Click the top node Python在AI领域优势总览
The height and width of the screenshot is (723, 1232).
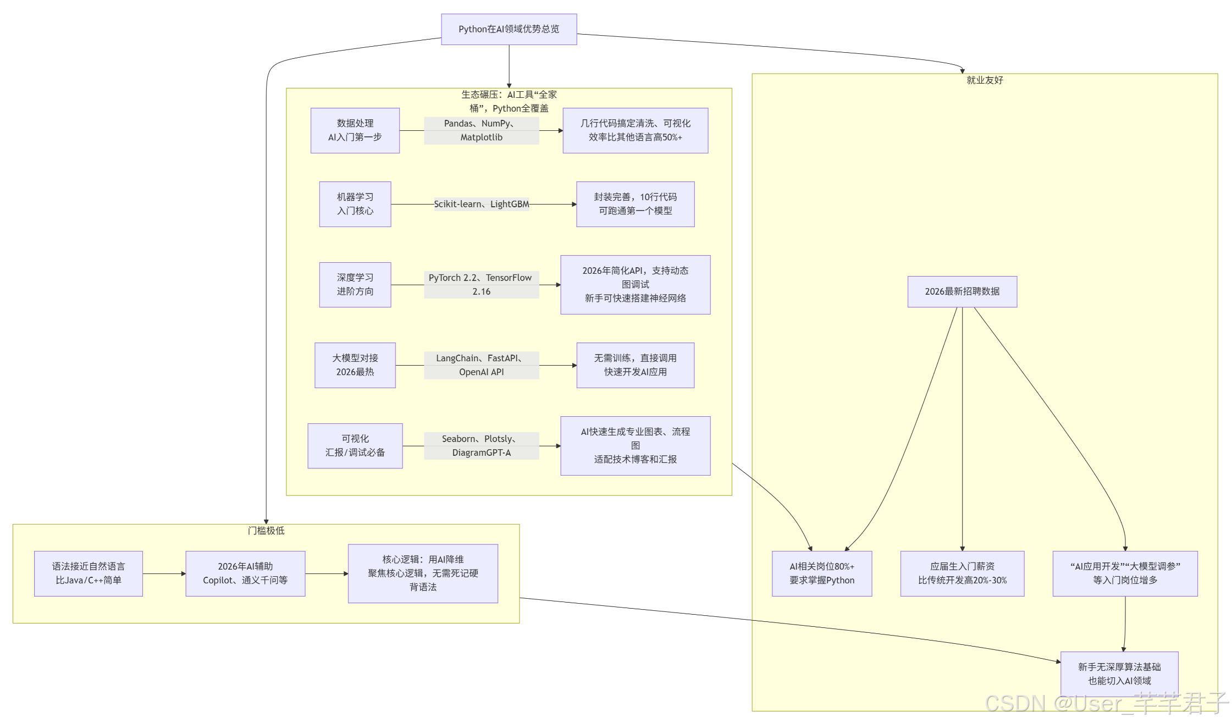tap(509, 29)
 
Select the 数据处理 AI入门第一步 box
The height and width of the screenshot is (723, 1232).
tap(355, 130)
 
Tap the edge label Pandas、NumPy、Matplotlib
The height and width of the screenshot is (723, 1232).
tap(481, 130)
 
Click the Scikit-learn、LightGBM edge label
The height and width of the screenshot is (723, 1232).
tap(481, 204)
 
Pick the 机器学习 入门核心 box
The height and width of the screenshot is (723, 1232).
tap(355, 204)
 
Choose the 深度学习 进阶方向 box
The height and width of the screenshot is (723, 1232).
tap(355, 285)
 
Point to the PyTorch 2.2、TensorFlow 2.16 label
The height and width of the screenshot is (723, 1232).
tap(481, 285)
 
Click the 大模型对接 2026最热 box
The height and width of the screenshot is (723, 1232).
tap(355, 365)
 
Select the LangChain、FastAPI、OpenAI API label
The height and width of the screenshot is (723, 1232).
tap(481, 365)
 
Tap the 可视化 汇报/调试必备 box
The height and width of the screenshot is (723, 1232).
tap(355, 446)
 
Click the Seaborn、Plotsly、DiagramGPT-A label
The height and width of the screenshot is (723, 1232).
tap(481, 446)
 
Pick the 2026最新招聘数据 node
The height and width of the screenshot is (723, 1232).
tap(962, 291)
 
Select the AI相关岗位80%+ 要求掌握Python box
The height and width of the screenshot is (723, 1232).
tap(822, 573)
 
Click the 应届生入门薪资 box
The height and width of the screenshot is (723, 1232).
tap(962, 573)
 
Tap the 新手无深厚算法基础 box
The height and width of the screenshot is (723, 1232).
tap(1119, 674)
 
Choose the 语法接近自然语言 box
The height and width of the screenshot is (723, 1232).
tap(89, 573)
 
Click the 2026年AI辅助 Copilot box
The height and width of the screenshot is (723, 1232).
tap(245, 573)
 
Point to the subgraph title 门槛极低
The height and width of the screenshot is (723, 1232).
tap(266, 531)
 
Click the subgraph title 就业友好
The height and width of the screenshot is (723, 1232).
tap(985, 80)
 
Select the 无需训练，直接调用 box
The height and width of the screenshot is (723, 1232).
tap(635, 365)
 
